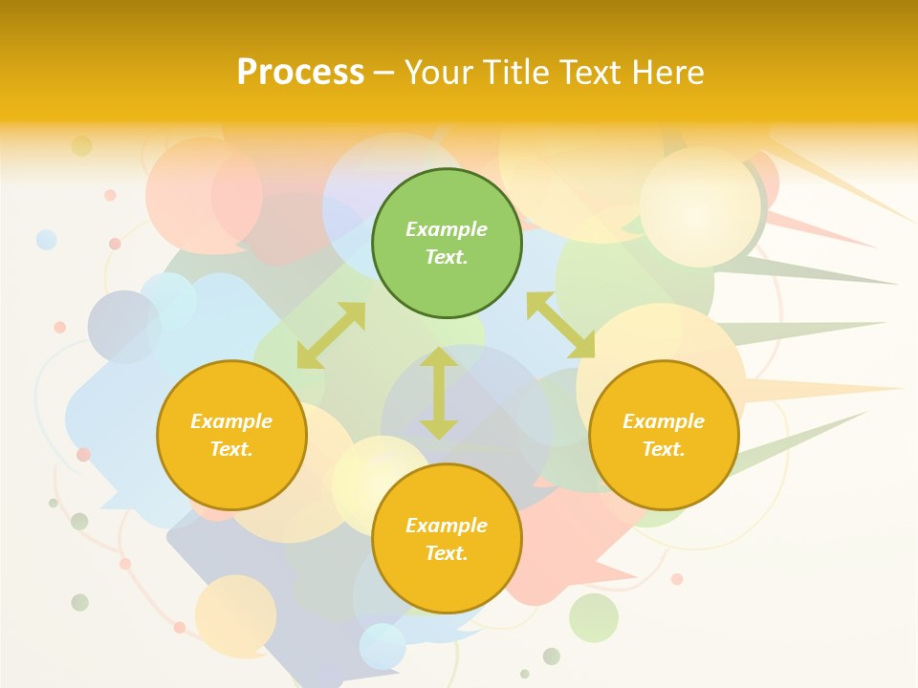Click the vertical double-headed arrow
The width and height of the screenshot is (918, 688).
[439, 393]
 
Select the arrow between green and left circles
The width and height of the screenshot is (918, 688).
[331, 334]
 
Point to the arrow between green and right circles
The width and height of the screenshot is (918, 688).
[560, 325]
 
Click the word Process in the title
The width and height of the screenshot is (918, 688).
[300, 73]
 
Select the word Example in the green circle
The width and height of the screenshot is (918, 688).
[447, 229]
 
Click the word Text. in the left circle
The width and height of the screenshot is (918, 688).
[231, 449]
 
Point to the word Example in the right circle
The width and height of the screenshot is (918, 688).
[664, 421]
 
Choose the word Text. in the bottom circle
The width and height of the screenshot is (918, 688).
[447, 553]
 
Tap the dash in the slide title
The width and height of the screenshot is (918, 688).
[384, 73]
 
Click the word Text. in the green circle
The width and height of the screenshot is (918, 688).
[447, 257]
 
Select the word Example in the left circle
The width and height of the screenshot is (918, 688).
[231, 421]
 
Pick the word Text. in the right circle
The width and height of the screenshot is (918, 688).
[664, 449]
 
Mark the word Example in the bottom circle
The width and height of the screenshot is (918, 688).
[447, 526]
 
